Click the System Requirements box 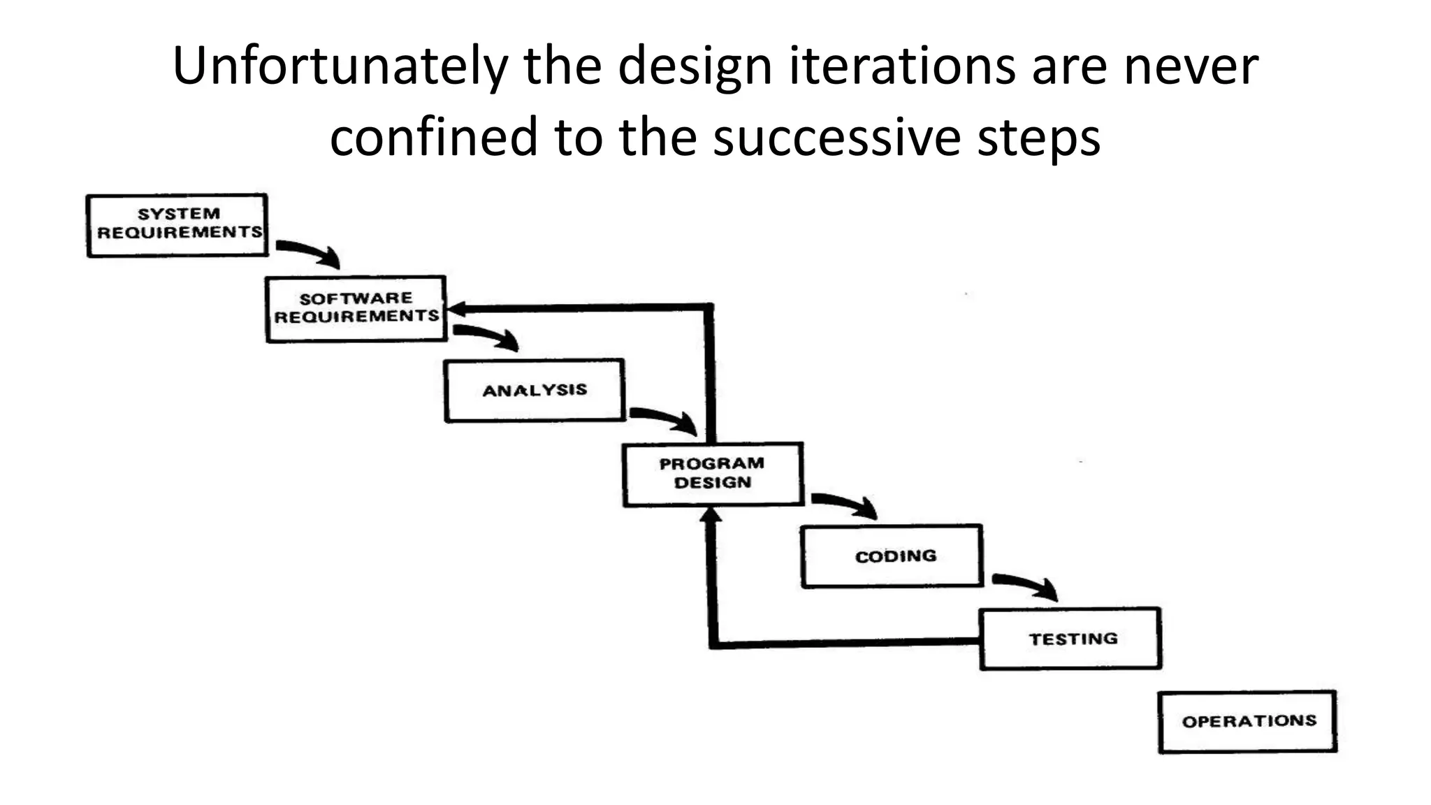[x=177, y=225]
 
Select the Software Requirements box [x=356, y=308]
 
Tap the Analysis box [x=535, y=390]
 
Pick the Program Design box [x=713, y=474]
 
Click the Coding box [x=892, y=556]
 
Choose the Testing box [x=1070, y=639]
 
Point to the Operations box [x=1248, y=721]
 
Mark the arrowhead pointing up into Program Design [x=711, y=516]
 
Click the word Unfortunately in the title [x=340, y=66]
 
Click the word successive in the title [x=837, y=137]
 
